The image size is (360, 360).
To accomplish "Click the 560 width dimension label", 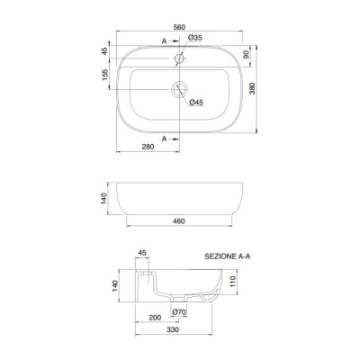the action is point(179,27).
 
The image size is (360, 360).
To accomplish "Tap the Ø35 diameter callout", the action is point(195,38).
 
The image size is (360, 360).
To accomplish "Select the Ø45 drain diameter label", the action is point(196,103).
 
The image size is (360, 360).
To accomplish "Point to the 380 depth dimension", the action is point(252,88).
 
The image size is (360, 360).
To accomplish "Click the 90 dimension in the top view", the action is point(246,55).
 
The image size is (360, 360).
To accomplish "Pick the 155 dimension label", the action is point(104,75).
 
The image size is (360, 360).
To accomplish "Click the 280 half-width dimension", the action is point(148,147).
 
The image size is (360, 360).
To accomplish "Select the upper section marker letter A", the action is point(164,41).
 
